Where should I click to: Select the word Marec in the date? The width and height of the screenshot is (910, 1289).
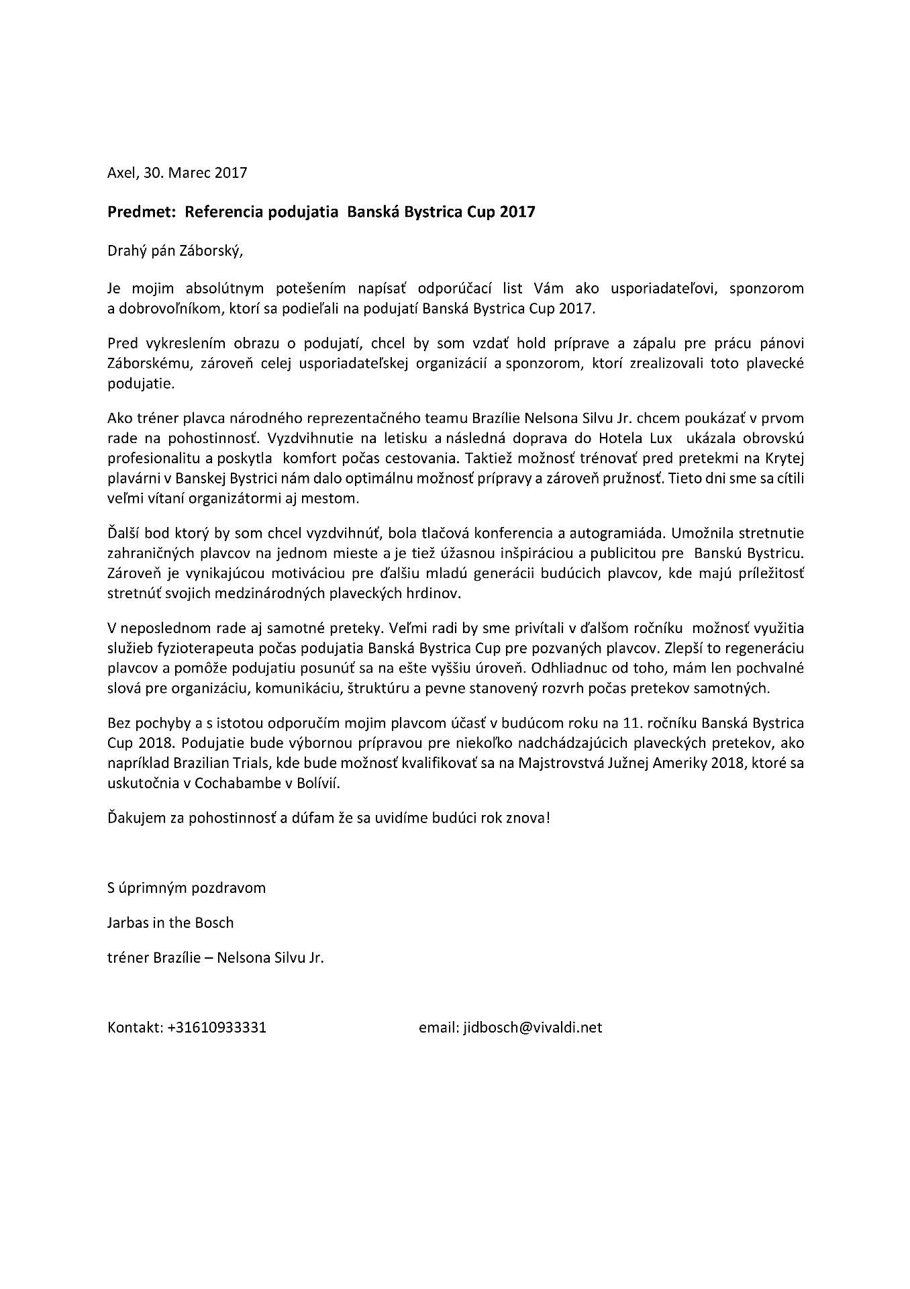[x=190, y=173]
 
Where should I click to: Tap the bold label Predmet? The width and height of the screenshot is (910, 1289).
[x=138, y=212]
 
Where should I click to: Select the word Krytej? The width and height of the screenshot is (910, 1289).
[x=784, y=459]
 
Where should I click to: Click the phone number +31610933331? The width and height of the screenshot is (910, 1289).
[x=217, y=1028]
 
